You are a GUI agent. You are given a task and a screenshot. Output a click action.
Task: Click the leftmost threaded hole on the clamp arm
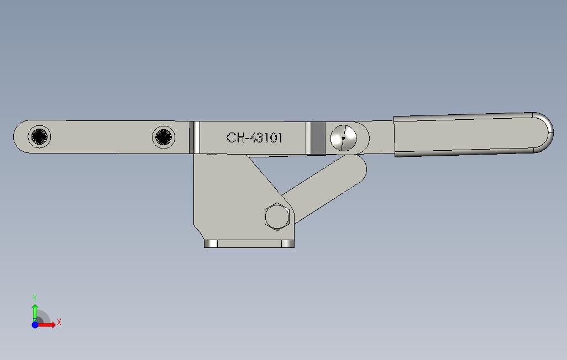click(40, 136)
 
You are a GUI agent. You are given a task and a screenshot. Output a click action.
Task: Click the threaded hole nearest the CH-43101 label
click(164, 137)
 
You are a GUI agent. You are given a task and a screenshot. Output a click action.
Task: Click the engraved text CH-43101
click(254, 138)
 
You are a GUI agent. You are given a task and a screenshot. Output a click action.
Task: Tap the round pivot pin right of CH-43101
click(343, 137)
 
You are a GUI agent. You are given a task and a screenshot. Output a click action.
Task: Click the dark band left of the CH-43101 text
click(195, 137)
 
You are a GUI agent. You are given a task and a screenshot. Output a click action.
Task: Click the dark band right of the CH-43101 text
click(317, 138)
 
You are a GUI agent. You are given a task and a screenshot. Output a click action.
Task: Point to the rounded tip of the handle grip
click(544, 133)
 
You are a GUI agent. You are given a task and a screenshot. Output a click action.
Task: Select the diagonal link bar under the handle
click(326, 185)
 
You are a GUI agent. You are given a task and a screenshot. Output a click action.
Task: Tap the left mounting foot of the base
click(211, 243)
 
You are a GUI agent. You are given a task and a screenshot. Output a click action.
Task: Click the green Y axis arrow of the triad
click(35, 310)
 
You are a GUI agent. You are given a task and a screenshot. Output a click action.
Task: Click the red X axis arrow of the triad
click(48, 325)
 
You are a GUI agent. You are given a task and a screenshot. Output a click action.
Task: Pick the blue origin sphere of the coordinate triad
click(35, 325)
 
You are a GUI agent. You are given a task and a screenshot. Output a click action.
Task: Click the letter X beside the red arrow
click(59, 322)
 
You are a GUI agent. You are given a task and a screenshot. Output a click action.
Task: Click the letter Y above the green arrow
click(35, 298)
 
